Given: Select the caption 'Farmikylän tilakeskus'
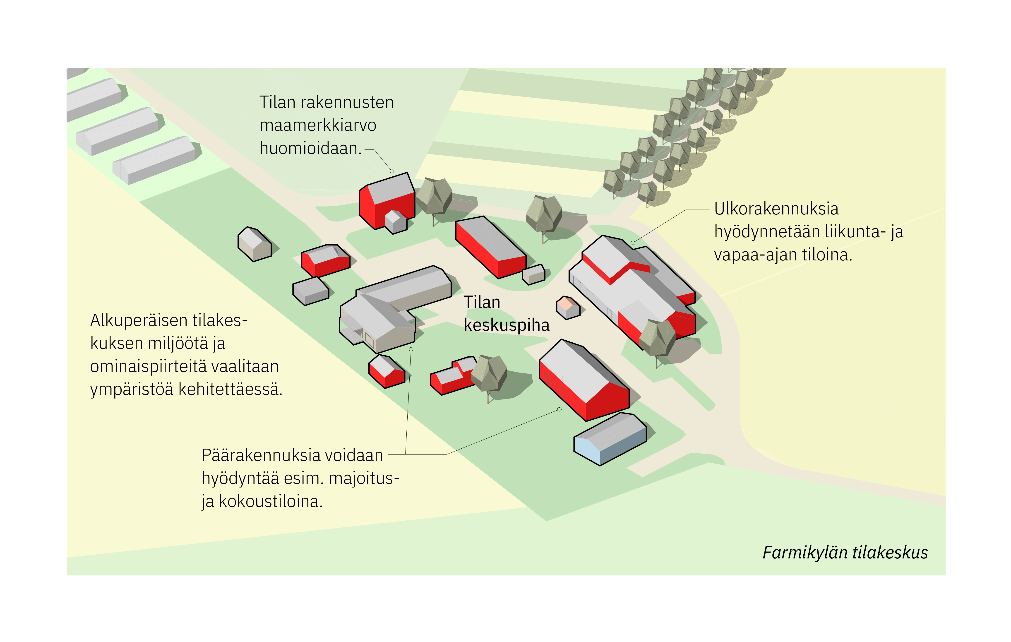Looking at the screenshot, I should tap(845, 553).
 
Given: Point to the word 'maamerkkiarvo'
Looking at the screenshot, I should tap(318, 125).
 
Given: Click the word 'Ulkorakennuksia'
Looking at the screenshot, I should tap(776, 209).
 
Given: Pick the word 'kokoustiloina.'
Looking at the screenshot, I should tap(271, 501).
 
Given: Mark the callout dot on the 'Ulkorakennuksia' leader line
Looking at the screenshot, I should tap(633, 243).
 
